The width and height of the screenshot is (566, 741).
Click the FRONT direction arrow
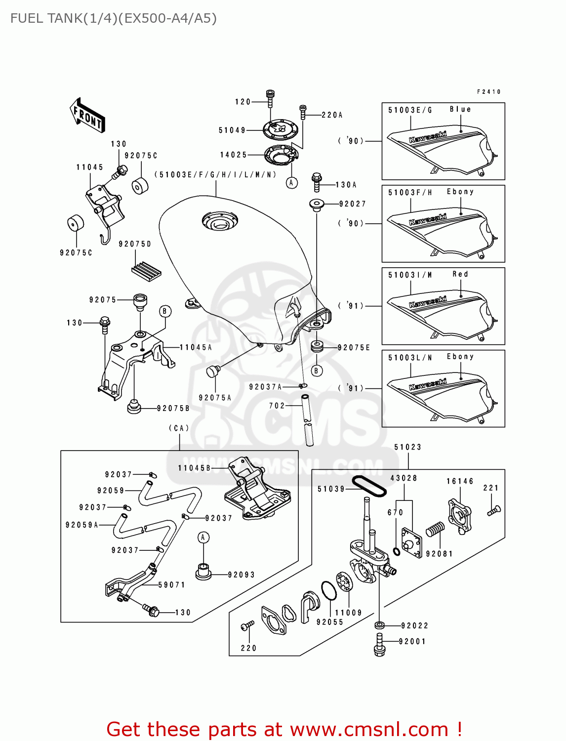coord(87,115)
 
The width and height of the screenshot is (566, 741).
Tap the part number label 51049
coord(232,130)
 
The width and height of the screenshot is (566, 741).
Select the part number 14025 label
coord(233,155)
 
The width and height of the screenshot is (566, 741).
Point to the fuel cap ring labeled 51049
coord(281,130)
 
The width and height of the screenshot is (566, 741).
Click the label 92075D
coord(135,244)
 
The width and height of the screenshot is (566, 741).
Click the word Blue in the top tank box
coord(460,109)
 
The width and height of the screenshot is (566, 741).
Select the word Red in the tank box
coord(460,274)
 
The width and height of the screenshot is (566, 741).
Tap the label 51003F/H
coord(410,193)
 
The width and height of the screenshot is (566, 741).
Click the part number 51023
coord(408,447)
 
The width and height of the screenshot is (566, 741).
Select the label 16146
coord(460,481)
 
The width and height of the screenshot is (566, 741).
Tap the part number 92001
coord(412,641)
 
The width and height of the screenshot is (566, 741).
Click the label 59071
coord(171,585)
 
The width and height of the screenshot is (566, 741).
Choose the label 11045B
coord(194,468)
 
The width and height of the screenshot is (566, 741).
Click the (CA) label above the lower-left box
coord(179,428)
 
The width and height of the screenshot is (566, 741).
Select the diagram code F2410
coord(489,92)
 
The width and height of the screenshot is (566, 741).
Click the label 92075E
coord(354,348)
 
